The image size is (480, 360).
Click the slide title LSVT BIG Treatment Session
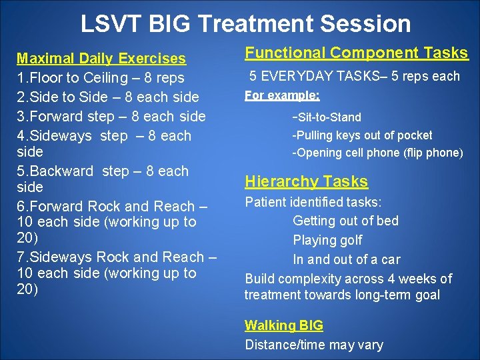point(245,24)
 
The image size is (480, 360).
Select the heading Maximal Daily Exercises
point(101,59)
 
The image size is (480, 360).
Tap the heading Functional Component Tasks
point(356,53)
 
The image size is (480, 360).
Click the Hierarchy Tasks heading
point(306,181)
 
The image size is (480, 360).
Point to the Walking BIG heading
point(283,325)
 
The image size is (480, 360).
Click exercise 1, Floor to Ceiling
point(100,78)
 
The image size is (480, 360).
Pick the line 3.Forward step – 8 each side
point(111,116)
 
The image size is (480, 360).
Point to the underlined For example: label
point(282,95)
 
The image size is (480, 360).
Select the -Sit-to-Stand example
point(327,117)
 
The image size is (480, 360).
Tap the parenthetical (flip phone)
point(433,153)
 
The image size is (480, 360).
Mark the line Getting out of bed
point(345,221)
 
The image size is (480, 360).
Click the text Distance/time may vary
point(314,345)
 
